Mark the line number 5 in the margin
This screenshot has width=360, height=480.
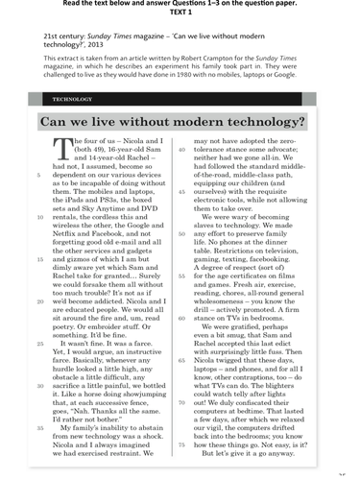[37, 174]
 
